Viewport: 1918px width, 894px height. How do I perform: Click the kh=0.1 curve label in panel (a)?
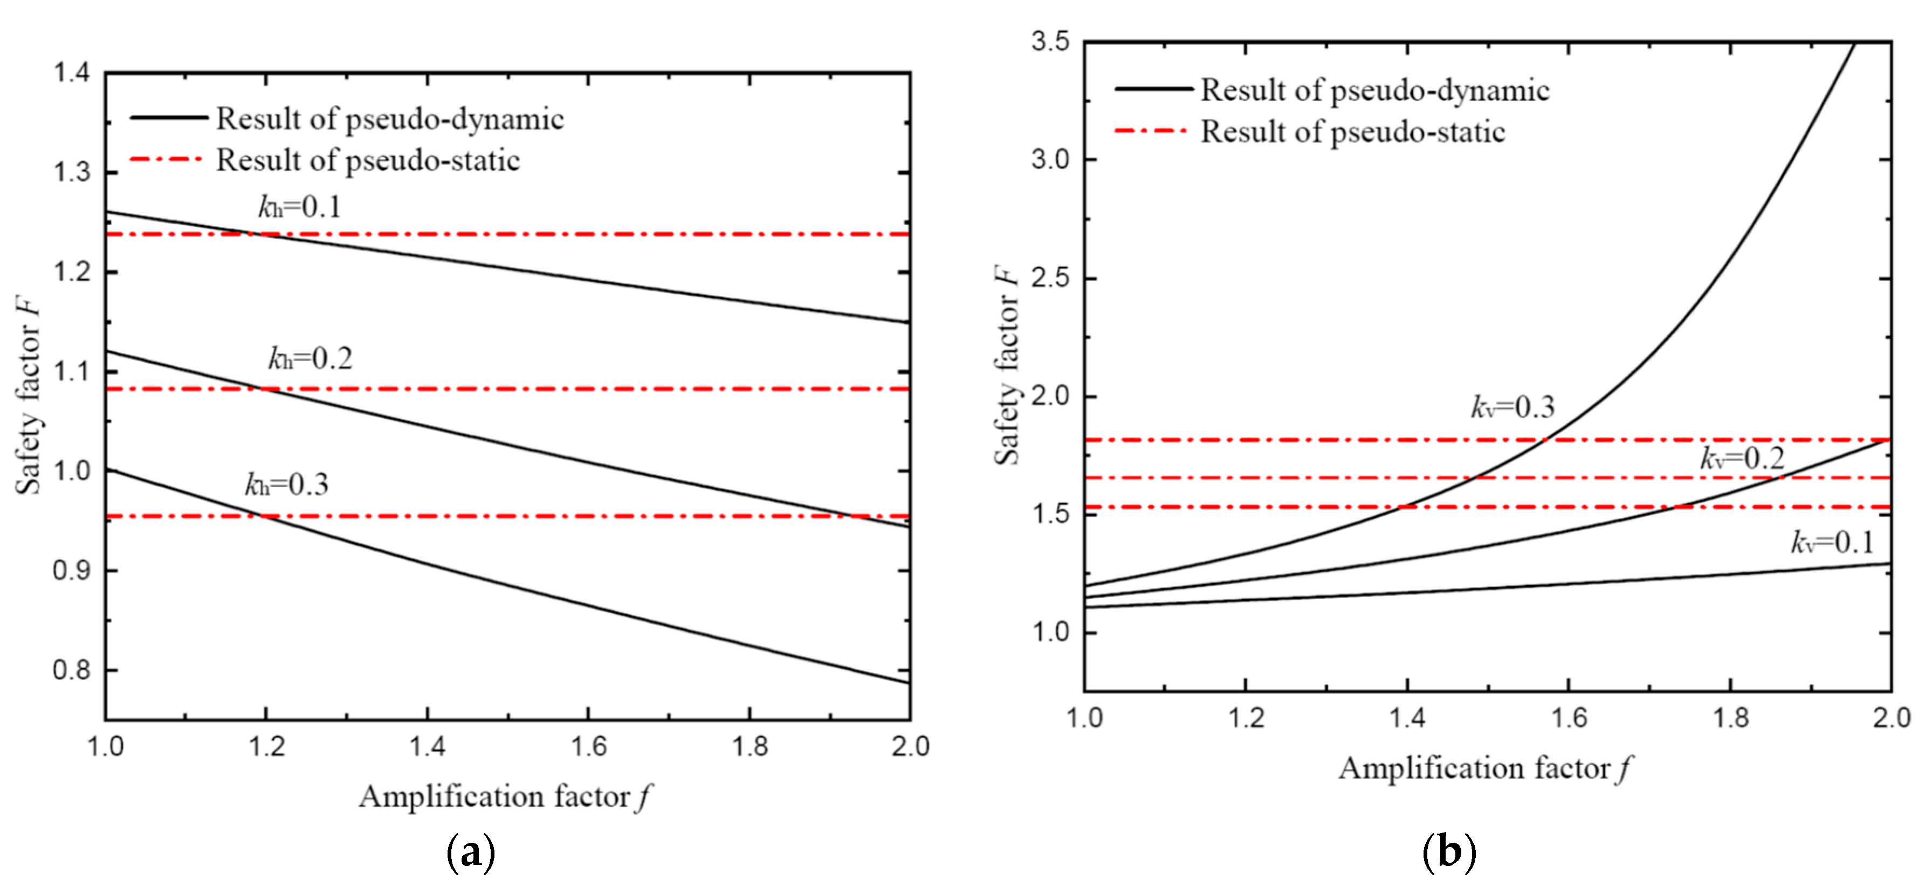click(x=299, y=206)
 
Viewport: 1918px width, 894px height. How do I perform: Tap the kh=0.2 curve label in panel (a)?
click(x=310, y=359)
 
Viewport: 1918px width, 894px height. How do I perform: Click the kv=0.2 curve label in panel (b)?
click(x=1742, y=458)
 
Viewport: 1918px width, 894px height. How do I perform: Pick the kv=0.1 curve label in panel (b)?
click(x=1832, y=542)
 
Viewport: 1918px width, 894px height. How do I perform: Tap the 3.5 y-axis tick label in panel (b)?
click(x=1050, y=41)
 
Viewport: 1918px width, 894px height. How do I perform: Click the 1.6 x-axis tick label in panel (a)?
click(x=588, y=746)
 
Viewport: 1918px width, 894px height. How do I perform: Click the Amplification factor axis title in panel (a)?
click(x=505, y=796)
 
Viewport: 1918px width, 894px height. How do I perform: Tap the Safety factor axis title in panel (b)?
click(x=1007, y=365)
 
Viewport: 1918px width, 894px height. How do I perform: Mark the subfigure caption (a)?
click(x=471, y=853)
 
